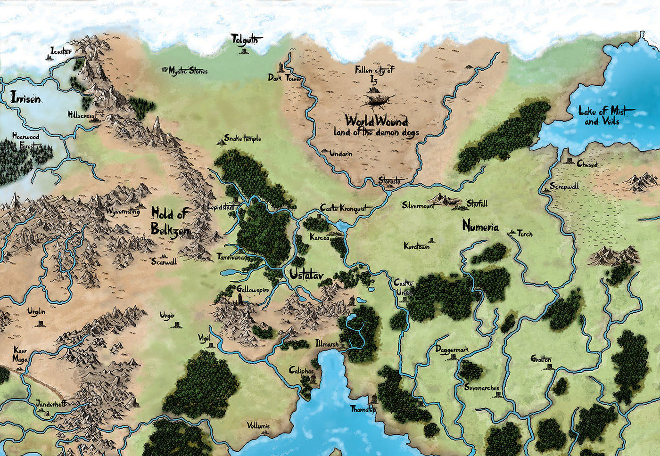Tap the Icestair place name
pos(61,51)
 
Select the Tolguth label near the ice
pos(244,40)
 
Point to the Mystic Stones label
pos(188,71)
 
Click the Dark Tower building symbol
pos(281,66)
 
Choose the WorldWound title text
pos(376,120)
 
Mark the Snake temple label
pos(242,138)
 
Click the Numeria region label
pos(480,227)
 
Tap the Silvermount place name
pos(418,205)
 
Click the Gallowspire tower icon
pos(241,300)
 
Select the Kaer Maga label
pos(20,355)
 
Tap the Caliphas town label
pos(301,371)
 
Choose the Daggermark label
pos(452,350)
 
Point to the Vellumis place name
pos(258,426)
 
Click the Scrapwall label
pos(564,187)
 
